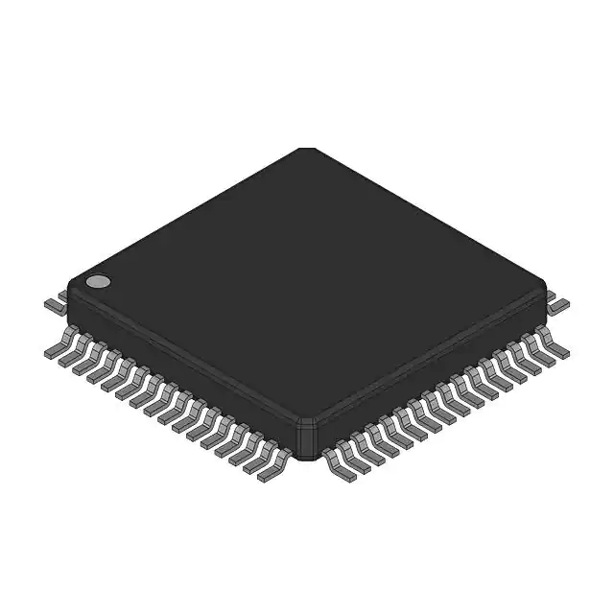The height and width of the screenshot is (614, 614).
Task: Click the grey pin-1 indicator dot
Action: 98,282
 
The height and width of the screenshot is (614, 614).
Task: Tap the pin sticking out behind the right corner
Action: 558,304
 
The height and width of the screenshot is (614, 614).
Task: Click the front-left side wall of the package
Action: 182,369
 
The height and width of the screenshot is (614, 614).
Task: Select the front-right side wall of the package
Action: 432,369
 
